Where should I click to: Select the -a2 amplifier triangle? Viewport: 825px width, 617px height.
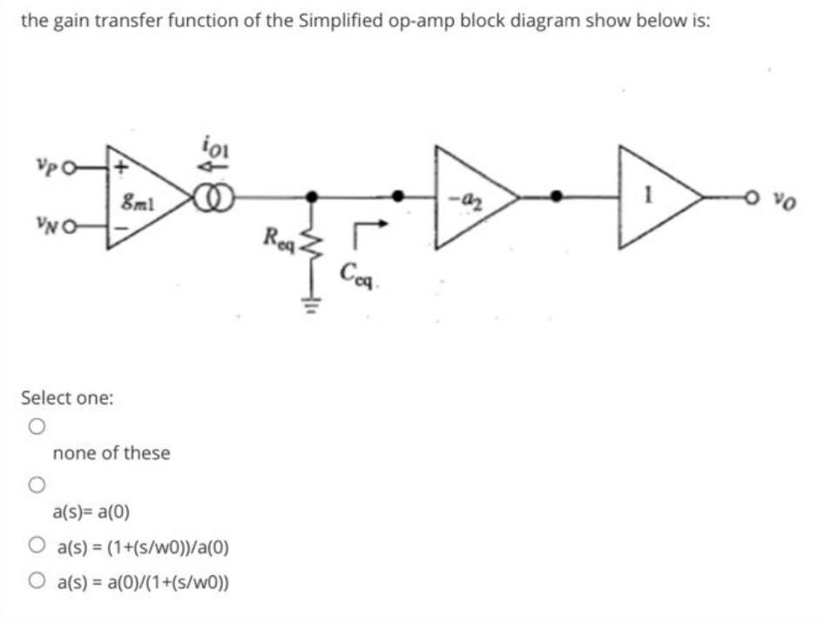pos(470,200)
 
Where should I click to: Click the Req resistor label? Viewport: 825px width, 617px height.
pos(282,236)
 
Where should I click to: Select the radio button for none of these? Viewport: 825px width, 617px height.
pos(35,427)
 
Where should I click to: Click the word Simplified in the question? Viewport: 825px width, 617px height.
pos(336,22)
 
